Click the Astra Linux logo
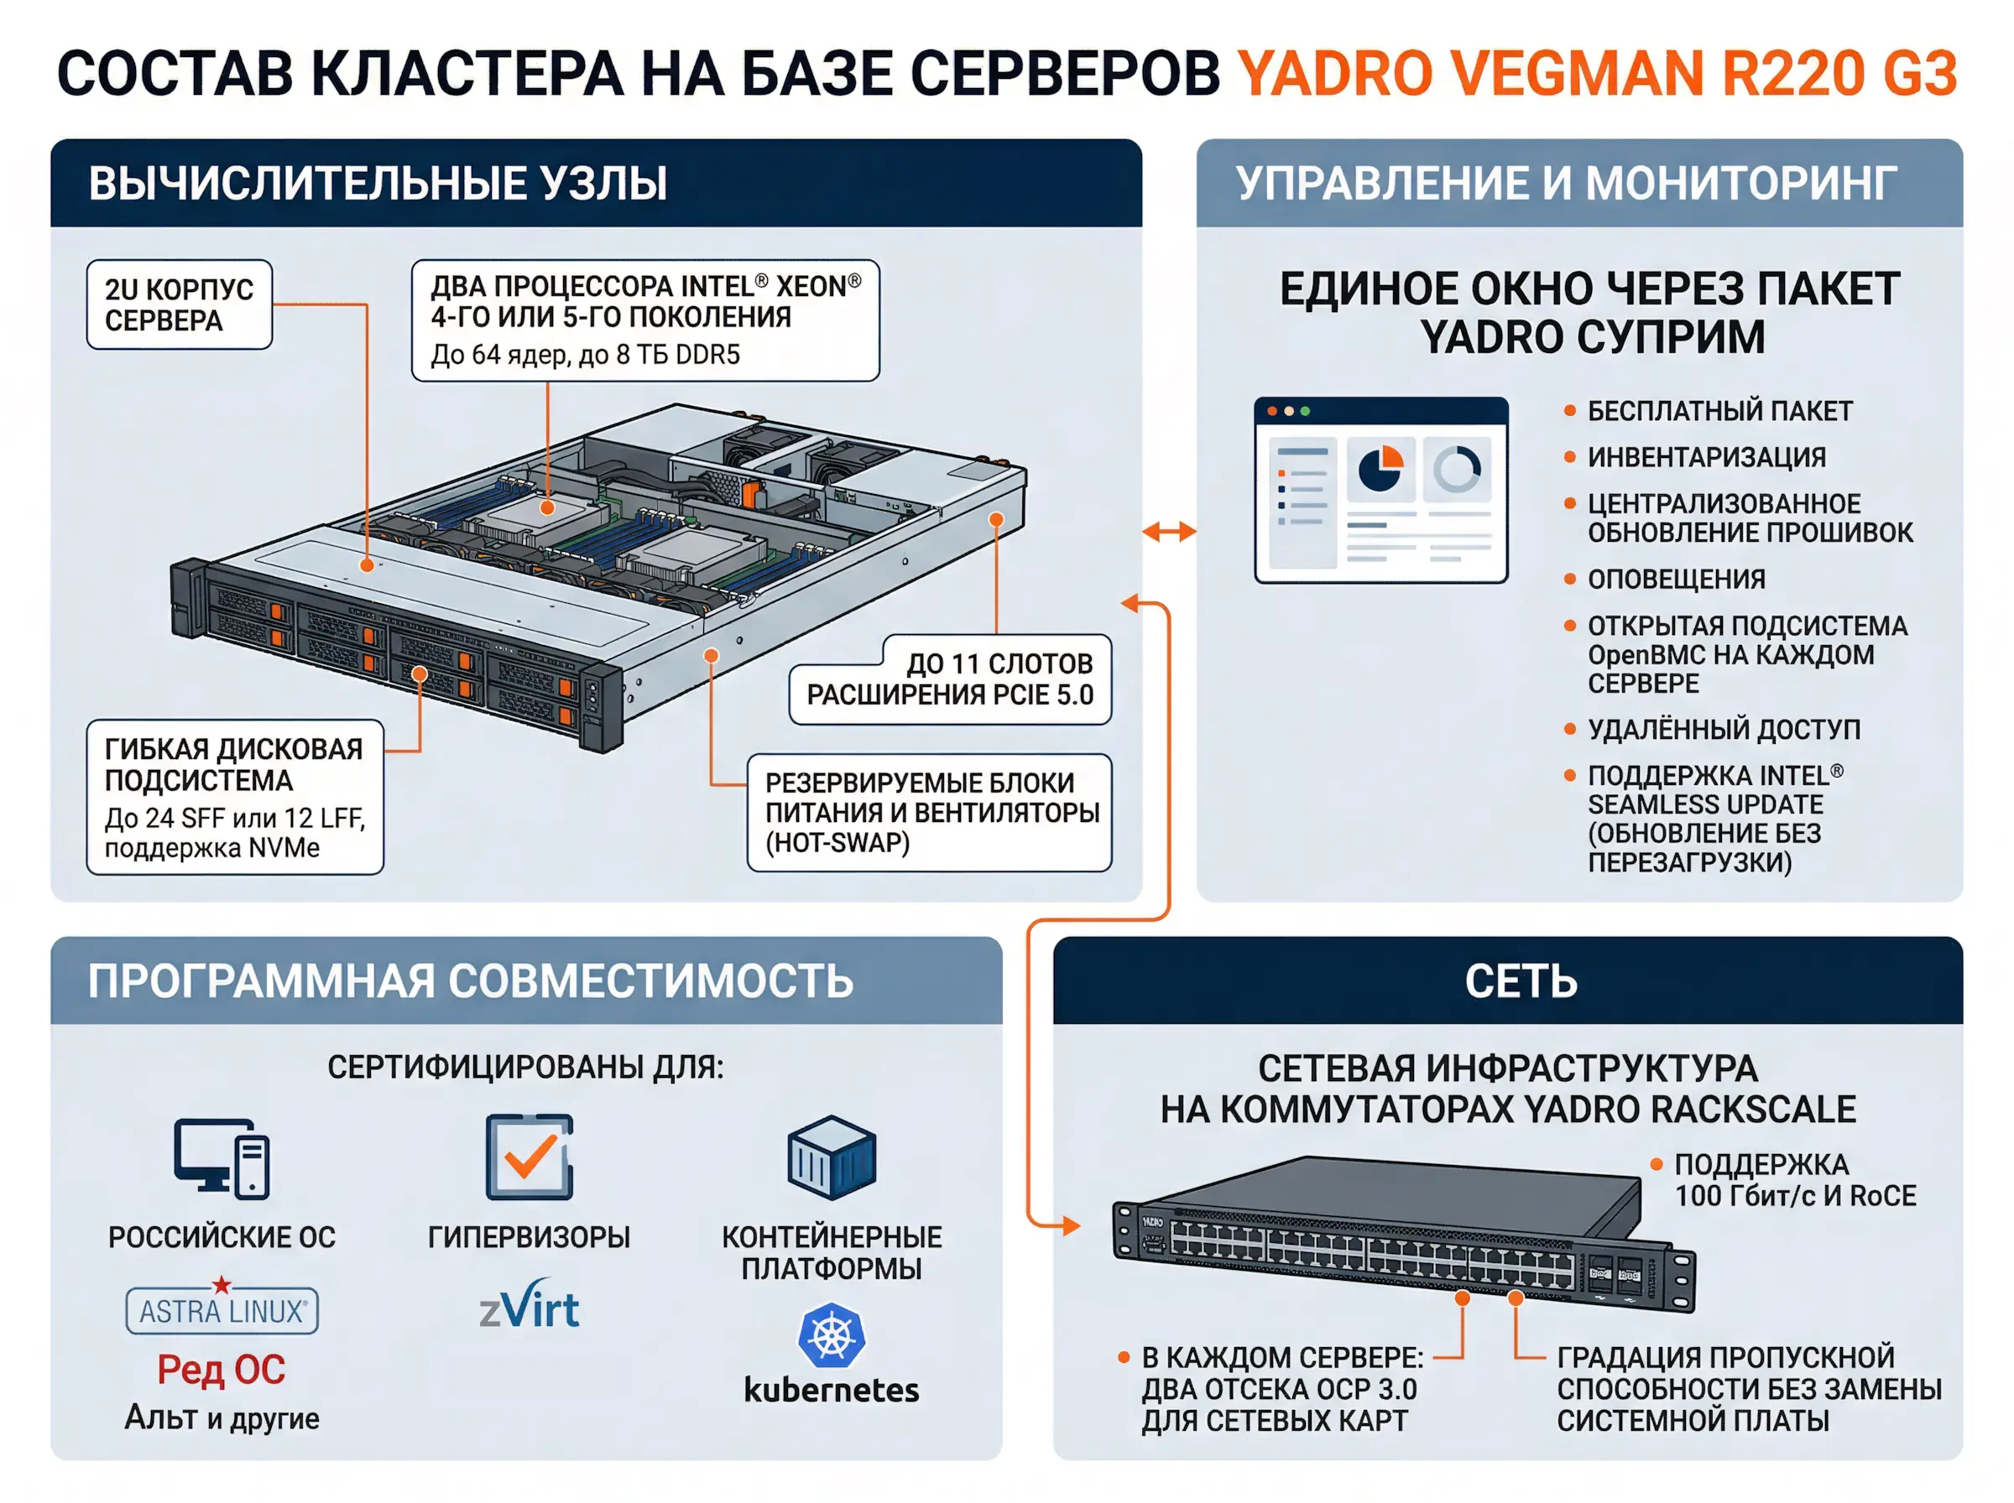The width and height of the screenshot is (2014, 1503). (x=222, y=1310)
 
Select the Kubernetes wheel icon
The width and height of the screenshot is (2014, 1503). (x=830, y=1335)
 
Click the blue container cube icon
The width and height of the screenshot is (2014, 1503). (x=831, y=1157)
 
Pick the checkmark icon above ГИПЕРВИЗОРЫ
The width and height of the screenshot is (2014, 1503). (x=529, y=1157)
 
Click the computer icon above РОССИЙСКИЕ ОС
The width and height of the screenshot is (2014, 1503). (x=222, y=1157)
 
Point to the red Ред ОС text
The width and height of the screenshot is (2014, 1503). (x=222, y=1370)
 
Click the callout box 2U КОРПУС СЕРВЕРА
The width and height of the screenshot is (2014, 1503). (x=180, y=304)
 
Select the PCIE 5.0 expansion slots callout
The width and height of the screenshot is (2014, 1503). (x=951, y=679)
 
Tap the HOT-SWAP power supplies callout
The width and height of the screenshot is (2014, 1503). (x=929, y=813)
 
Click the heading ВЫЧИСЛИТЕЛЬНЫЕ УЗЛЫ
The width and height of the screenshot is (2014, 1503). (x=378, y=183)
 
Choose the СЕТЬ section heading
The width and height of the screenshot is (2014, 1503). (x=1520, y=980)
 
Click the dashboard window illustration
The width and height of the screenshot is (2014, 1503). (x=1380, y=491)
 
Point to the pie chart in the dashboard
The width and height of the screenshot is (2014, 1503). (x=1380, y=469)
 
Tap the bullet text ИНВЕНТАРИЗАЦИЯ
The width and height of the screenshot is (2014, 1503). (x=1706, y=457)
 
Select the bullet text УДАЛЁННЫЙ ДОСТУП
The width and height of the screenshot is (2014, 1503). (x=1724, y=729)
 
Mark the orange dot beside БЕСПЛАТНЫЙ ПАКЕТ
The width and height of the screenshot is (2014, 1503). (x=1569, y=410)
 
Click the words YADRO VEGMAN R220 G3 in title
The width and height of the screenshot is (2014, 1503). (x=1597, y=74)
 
